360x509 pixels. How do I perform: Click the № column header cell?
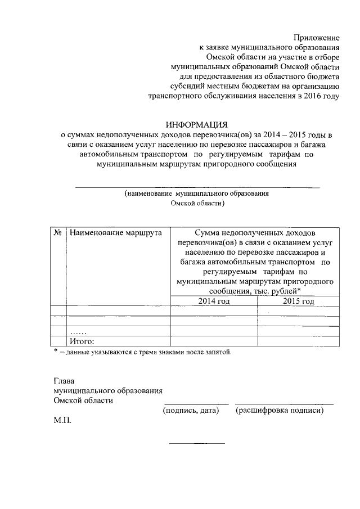tap(58, 232)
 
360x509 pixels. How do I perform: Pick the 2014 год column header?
tap(214, 301)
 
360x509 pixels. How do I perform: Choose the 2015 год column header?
tap(298, 301)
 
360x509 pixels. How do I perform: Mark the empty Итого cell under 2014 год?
tap(214, 341)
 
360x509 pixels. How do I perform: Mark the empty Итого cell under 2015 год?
tap(298, 341)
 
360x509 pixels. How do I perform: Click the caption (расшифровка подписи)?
tap(281, 411)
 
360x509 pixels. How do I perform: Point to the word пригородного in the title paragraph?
tap(230, 164)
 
